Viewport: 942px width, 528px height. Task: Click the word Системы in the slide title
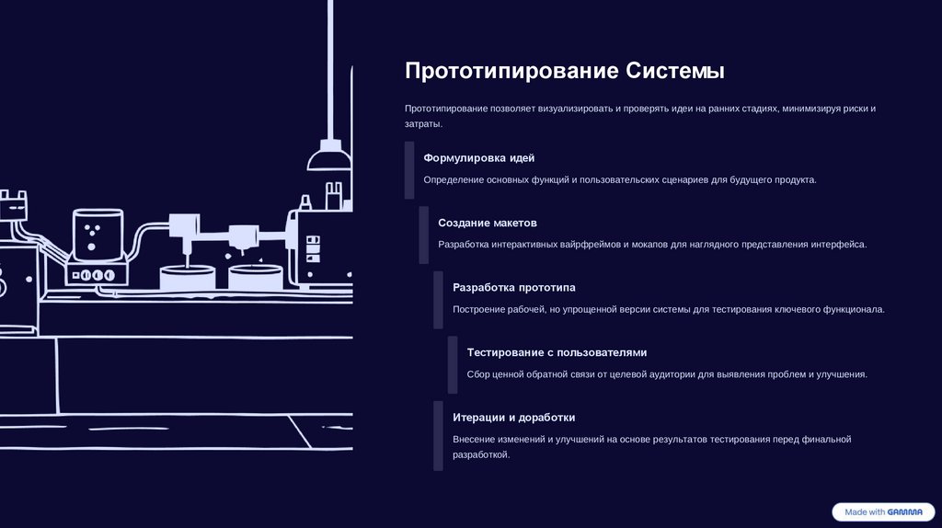point(675,72)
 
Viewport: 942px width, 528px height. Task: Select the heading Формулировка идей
point(478,158)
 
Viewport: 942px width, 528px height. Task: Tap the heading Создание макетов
point(487,223)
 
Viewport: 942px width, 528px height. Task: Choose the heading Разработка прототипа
point(513,287)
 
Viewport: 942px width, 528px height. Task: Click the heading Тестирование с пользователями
point(557,352)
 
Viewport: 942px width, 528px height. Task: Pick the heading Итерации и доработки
point(513,417)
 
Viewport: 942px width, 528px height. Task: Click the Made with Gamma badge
point(883,511)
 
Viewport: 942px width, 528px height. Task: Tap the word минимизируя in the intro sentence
point(810,109)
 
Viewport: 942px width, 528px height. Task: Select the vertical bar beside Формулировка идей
point(409,169)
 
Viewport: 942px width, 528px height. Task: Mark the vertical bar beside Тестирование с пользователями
point(453,364)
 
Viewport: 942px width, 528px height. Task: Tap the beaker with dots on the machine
point(98,235)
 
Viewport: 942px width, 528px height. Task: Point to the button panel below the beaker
point(95,274)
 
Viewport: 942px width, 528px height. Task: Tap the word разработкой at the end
point(480,455)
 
